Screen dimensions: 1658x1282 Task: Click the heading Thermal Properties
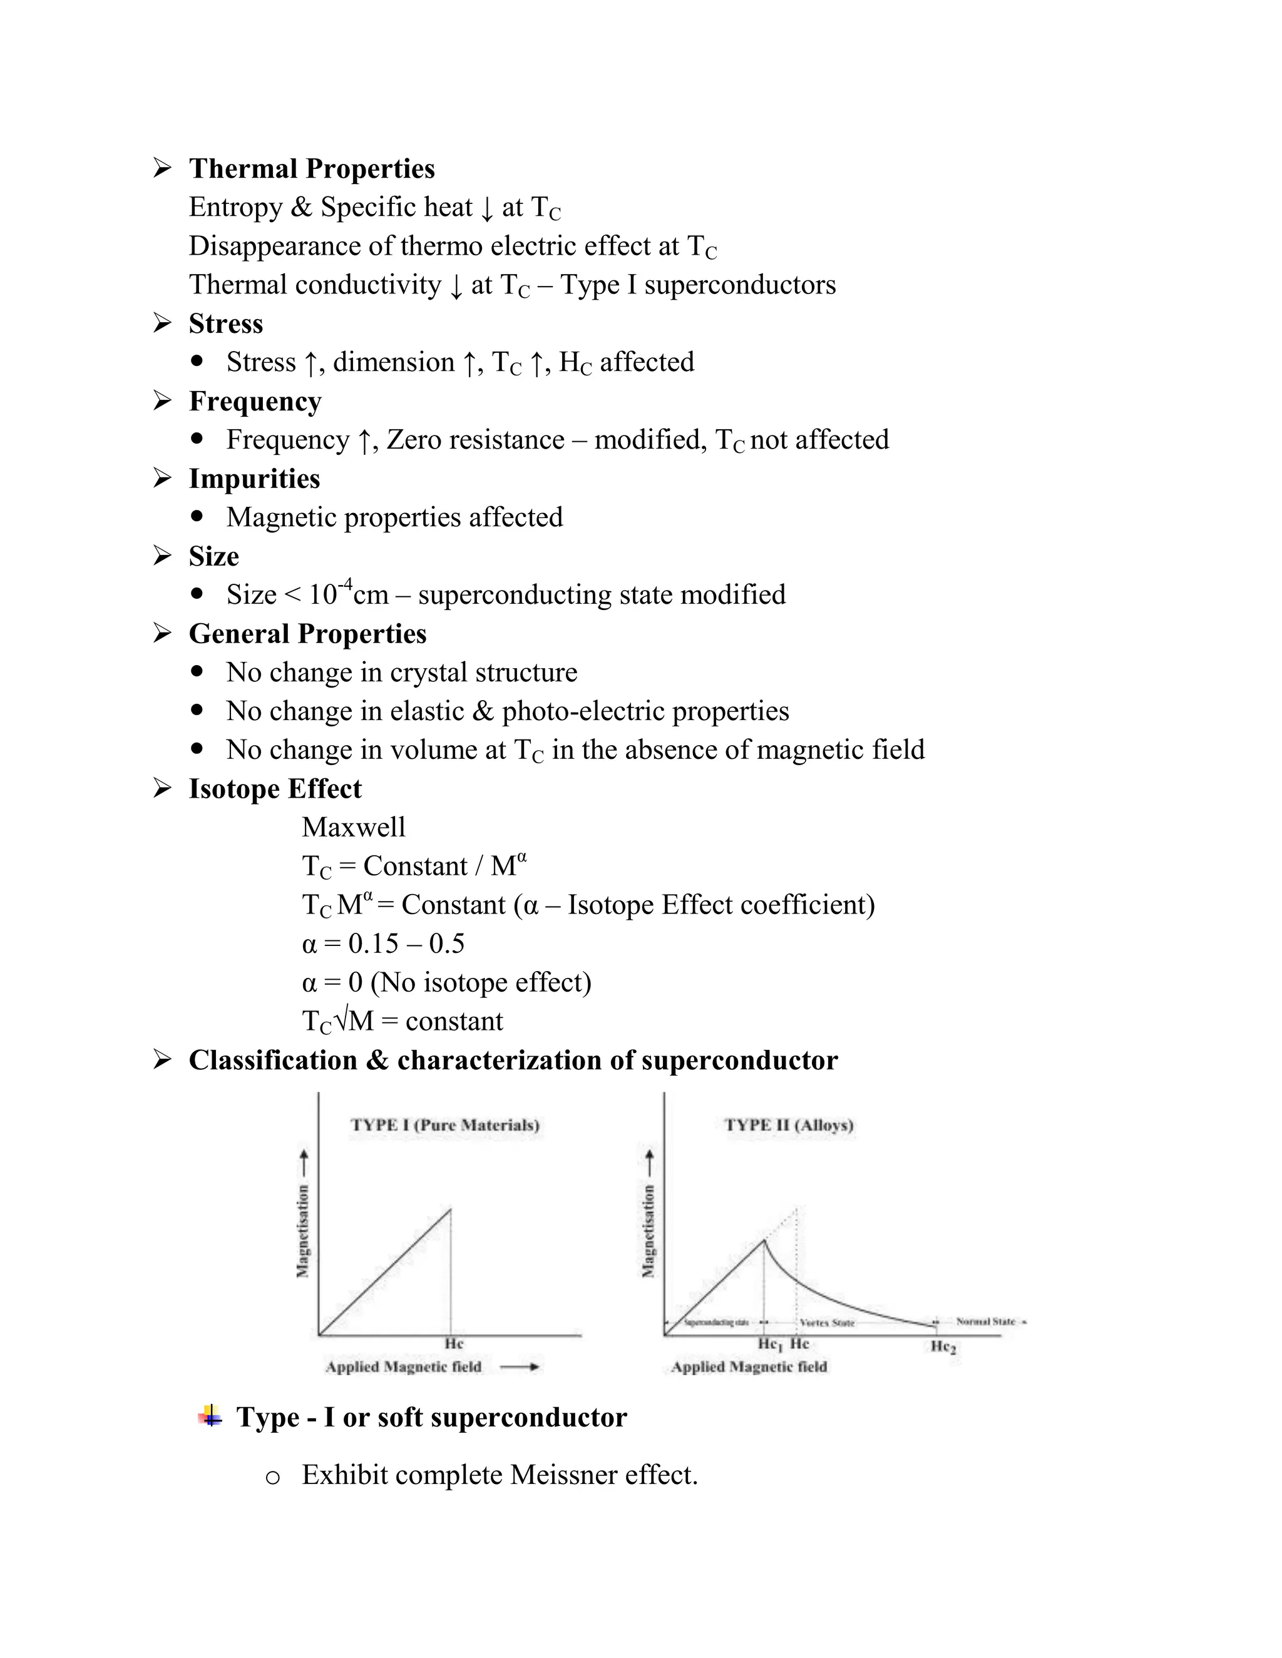click(x=311, y=168)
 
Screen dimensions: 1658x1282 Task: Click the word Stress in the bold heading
click(x=225, y=323)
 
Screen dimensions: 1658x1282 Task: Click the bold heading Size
click(x=213, y=556)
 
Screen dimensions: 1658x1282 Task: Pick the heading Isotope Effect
click(x=275, y=789)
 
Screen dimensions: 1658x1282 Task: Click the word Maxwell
click(x=353, y=828)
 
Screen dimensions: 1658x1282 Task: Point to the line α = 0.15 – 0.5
click(x=382, y=943)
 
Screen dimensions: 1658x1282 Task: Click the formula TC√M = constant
click(x=402, y=1021)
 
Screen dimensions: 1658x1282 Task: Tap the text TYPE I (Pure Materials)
click(x=445, y=1124)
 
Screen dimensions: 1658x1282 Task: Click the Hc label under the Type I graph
click(x=453, y=1344)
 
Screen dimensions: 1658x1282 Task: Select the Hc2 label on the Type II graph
click(x=943, y=1346)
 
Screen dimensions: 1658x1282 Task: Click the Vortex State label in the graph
click(x=827, y=1323)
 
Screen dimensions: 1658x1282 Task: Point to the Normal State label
click(x=986, y=1321)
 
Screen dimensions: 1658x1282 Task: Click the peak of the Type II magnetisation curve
click(x=764, y=1241)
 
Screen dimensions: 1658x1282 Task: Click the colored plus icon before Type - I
click(x=210, y=1416)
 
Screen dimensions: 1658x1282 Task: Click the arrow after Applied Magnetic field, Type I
click(x=520, y=1366)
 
